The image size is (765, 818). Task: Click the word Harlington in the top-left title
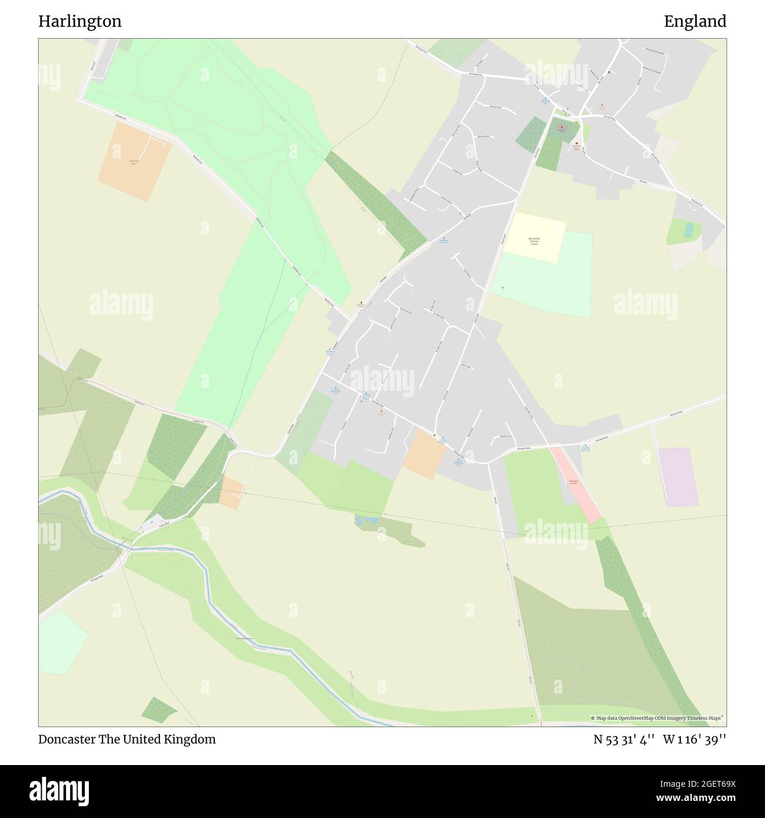point(80,22)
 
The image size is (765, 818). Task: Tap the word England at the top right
point(695,22)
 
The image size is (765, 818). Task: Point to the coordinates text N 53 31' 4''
point(624,739)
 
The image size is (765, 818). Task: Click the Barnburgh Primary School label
point(534,241)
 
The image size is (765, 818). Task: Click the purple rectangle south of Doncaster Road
point(677,477)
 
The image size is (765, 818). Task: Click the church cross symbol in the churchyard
point(560,127)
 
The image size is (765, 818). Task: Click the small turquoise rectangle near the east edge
point(688,230)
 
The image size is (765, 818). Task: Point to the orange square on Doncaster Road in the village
point(424,453)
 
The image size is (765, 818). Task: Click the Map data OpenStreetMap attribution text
point(658,718)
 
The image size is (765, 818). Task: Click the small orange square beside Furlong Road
point(231,493)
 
